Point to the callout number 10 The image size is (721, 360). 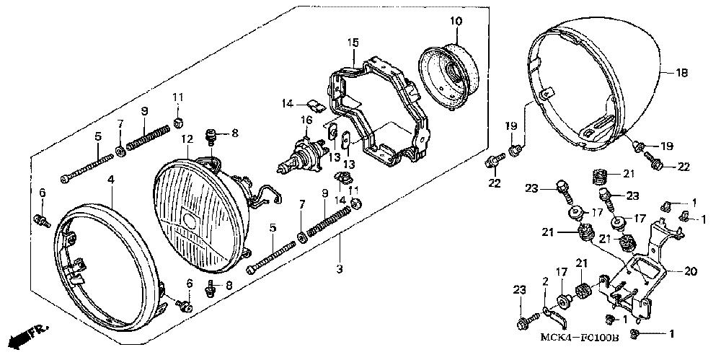coord(456,20)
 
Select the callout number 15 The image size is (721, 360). coord(352,43)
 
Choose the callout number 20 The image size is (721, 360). coord(690,272)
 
